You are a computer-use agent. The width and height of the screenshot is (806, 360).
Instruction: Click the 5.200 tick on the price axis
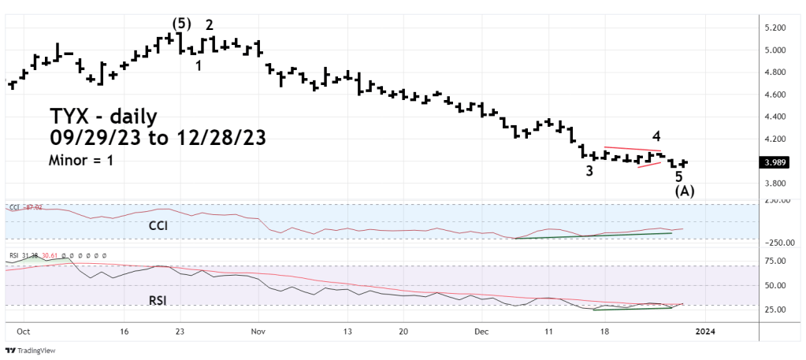[x=774, y=28]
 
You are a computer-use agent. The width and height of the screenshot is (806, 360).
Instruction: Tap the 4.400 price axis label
[x=774, y=117]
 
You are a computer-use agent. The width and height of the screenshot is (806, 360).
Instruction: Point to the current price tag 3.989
[x=774, y=162]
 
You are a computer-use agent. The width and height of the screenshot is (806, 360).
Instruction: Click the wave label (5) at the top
[x=180, y=23]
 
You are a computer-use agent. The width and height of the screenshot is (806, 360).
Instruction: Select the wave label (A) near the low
[x=684, y=191]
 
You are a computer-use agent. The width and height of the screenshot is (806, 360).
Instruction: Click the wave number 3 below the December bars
[x=589, y=171]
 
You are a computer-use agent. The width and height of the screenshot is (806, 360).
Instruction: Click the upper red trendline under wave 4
[x=633, y=149]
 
